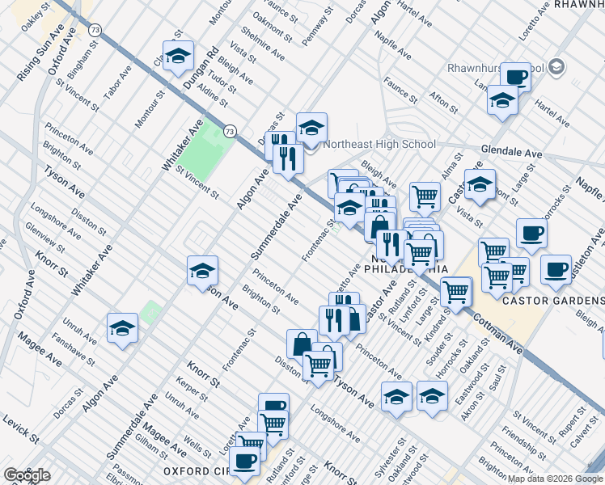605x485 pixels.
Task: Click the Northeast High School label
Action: click(x=379, y=145)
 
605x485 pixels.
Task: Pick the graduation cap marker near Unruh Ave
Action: click(x=122, y=327)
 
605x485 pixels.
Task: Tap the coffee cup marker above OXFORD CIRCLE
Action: click(x=244, y=461)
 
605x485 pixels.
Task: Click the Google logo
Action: click(x=27, y=475)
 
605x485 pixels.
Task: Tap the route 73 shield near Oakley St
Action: click(x=96, y=29)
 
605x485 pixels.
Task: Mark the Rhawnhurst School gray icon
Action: click(x=556, y=69)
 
